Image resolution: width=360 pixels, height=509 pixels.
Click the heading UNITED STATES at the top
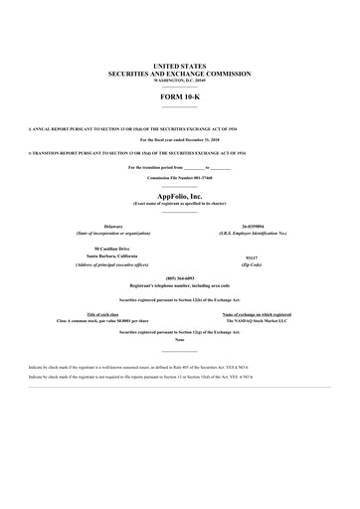tap(179, 63)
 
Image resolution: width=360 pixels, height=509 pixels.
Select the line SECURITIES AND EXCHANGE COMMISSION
tap(179, 73)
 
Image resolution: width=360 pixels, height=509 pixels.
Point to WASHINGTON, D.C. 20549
tap(179, 81)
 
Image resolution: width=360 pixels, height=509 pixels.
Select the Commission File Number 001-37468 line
tap(179, 177)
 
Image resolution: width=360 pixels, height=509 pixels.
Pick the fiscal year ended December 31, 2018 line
tap(179, 140)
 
